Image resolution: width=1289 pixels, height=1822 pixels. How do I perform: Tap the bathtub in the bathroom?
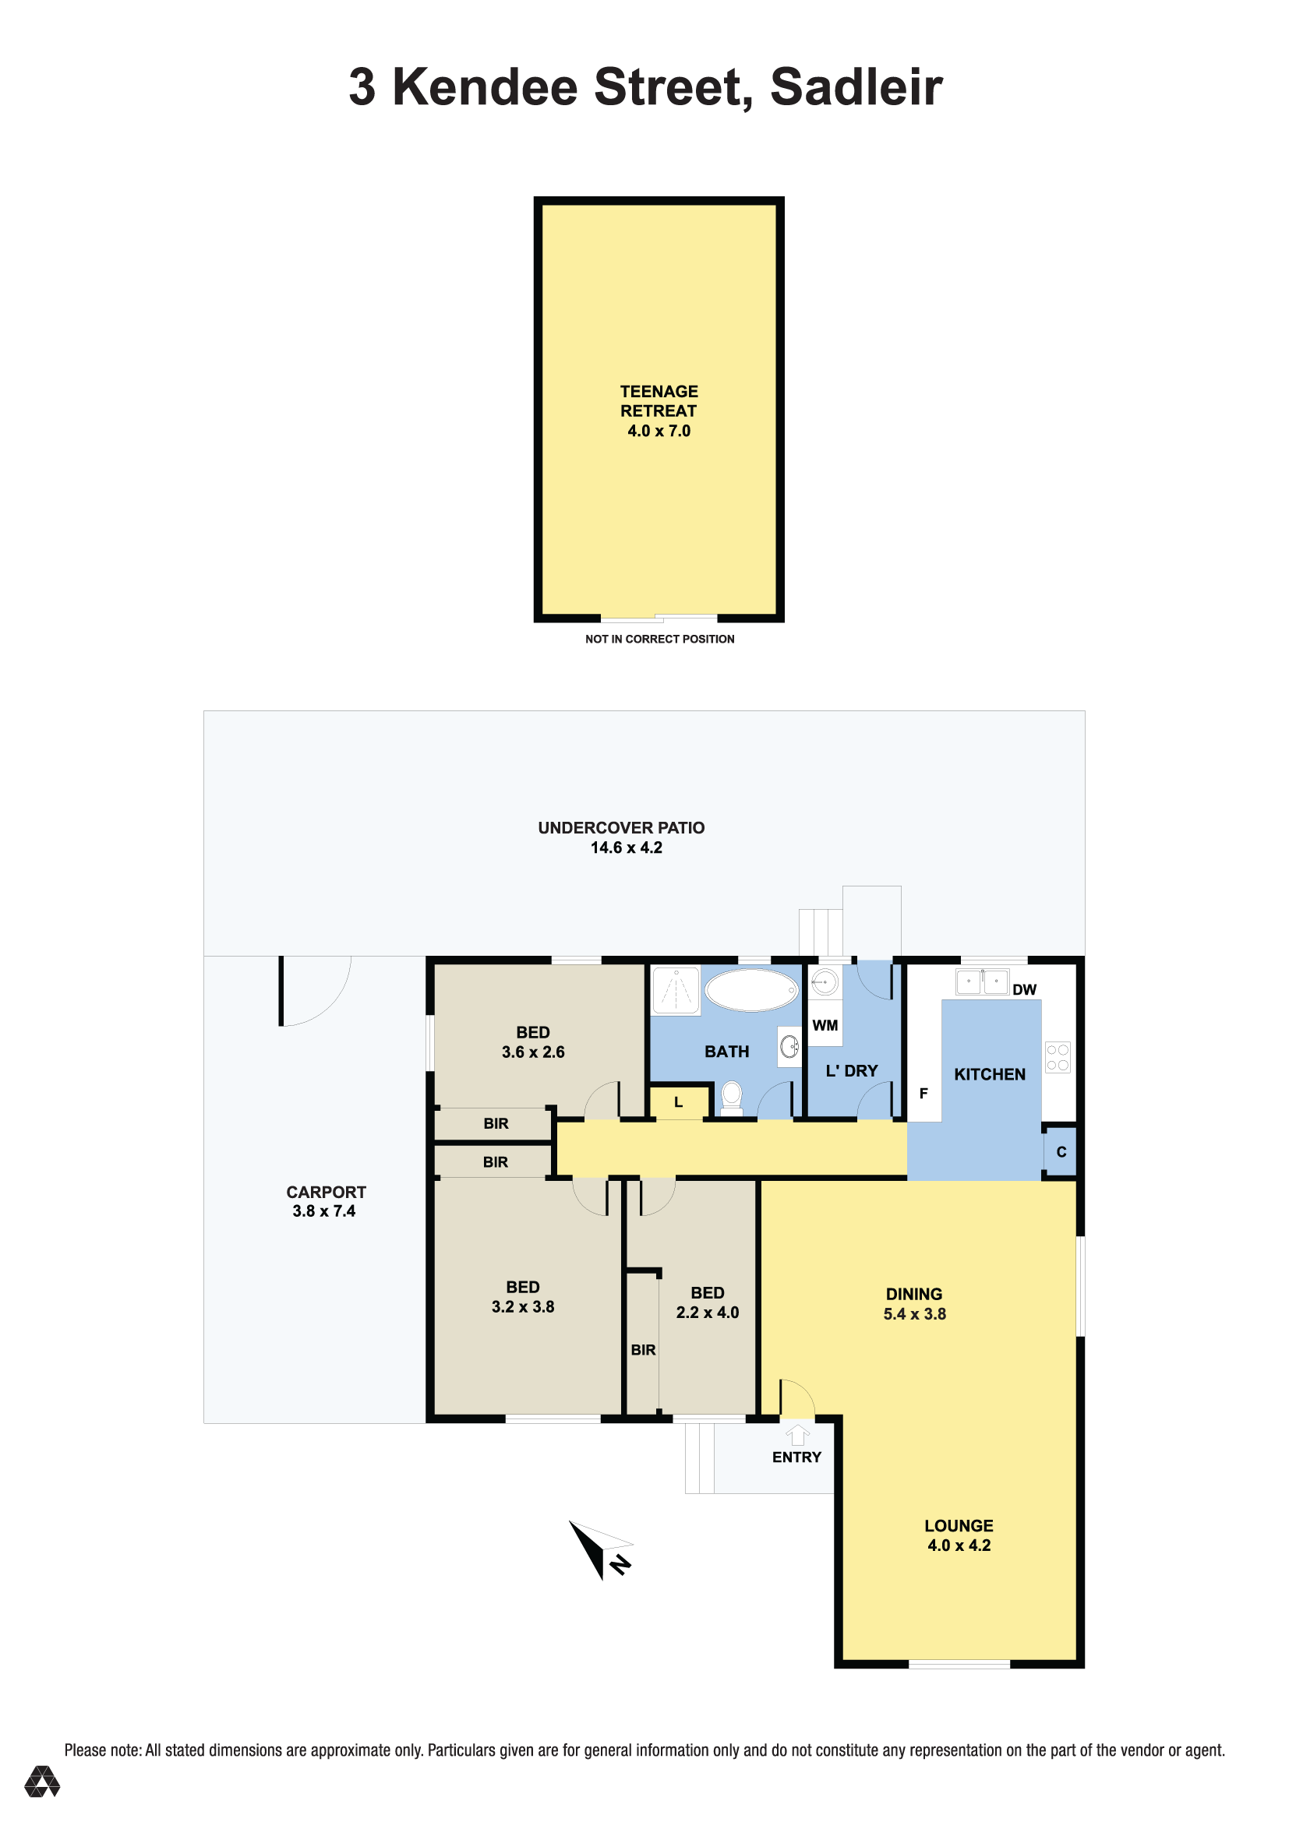pos(750,990)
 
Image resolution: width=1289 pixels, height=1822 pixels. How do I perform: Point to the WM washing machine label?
pos(825,1025)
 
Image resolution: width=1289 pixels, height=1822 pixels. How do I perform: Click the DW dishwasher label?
pos(1024,989)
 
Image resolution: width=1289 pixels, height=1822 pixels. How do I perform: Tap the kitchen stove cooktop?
pos(1058,1057)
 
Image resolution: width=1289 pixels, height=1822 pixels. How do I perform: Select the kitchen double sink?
pos(982,981)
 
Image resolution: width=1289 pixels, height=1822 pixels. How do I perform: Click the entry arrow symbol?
pos(798,1435)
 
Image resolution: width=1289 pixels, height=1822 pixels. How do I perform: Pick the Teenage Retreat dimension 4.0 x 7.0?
pos(659,431)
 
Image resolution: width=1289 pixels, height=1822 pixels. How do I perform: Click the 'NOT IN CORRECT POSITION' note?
pos(659,639)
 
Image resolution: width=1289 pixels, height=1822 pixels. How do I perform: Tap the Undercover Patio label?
pos(621,828)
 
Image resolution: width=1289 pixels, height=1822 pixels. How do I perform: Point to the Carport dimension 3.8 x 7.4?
pos(324,1211)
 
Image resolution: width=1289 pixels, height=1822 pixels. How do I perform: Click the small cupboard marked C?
pos(1061,1151)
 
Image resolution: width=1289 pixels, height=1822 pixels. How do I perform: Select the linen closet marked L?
pos(679,1102)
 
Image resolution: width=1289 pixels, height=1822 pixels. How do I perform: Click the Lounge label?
pos(959,1525)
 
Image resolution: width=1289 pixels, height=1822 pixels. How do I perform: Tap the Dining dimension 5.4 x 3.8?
pos(914,1313)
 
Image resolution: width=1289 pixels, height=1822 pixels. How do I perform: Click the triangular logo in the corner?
pos(42,1781)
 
